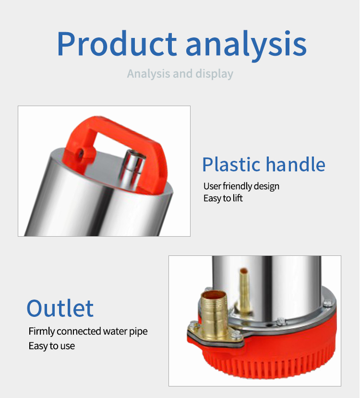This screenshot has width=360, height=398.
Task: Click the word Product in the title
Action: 117,43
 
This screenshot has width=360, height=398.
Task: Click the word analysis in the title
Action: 246,46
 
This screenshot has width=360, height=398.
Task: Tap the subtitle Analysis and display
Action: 180,74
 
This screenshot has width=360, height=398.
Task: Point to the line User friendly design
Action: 241,186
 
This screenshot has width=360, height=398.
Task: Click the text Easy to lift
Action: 223,198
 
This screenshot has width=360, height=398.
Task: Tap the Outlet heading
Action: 60,308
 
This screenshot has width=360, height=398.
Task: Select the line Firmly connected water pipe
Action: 88,331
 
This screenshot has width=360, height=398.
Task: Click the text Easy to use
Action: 52,346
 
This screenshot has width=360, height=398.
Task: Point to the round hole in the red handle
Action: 81,153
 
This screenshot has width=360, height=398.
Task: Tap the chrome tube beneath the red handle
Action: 132,169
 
